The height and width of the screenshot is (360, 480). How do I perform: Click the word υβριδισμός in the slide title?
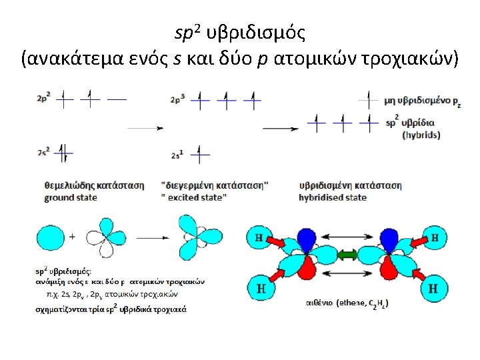coord(257,32)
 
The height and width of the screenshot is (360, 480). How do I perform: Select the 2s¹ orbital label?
coord(177,155)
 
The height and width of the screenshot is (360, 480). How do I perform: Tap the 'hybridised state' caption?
coord(333,197)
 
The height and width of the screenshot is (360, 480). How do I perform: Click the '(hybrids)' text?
coord(421,135)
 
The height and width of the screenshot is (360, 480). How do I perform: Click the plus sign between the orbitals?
coord(71,236)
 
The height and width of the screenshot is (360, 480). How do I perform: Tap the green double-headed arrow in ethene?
coord(347,255)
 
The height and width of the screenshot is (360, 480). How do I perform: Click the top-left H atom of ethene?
coord(259,237)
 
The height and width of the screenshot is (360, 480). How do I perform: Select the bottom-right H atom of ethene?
coord(433,289)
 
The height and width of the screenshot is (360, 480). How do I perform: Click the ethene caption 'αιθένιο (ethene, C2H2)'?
coord(347,303)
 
